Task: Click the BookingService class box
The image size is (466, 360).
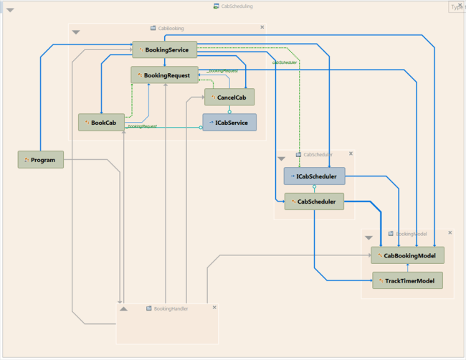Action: (x=164, y=49)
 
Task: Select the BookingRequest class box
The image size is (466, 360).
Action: (x=164, y=75)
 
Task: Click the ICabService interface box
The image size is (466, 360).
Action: (x=229, y=123)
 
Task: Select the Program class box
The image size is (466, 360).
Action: (x=41, y=159)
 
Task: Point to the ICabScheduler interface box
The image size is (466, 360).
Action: (x=314, y=176)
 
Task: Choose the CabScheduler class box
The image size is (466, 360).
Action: (x=314, y=202)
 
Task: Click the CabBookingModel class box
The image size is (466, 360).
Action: (x=407, y=255)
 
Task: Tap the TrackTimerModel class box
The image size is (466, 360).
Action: (x=407, y=280)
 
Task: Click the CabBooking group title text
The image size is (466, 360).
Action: (x=171, y=29)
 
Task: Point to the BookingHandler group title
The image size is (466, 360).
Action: (x=171, y=308)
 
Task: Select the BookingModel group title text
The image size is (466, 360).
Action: (x=409, y=234)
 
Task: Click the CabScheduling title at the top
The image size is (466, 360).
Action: (x=237, y=6)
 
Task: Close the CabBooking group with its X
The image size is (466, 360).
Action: (x=262, y=27)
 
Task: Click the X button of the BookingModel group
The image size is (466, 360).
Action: (x=450, y=233)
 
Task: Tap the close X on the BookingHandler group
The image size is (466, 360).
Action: (x=213, y=308)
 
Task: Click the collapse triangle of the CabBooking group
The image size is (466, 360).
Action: (x=76, y=32)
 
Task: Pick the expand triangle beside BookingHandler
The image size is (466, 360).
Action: (x=123, y=308)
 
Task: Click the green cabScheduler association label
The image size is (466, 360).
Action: (x=285, y=62)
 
